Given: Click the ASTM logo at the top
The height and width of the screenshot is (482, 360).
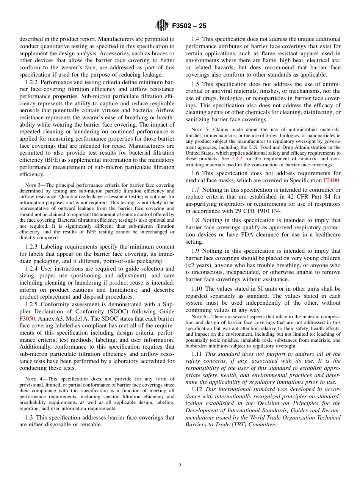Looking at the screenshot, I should point(162,26).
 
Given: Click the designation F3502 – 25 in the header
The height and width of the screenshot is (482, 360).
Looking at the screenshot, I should point(189,26).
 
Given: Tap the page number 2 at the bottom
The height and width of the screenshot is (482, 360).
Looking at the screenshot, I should point(180,466).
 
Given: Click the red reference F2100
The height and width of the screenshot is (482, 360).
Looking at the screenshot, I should point(332,180).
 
